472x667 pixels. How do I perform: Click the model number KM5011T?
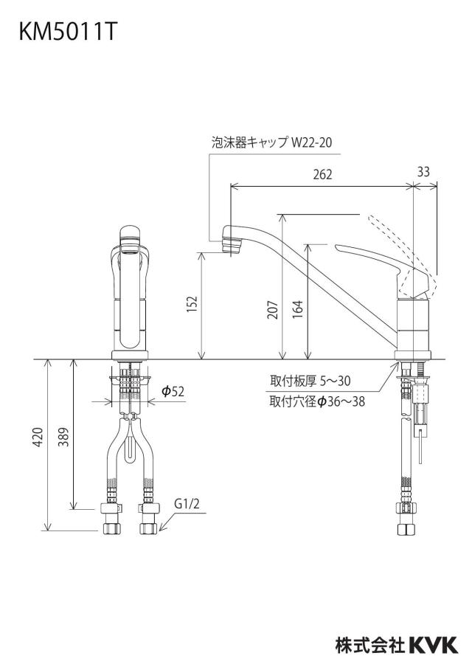pyautogui.click(x=67, y=32)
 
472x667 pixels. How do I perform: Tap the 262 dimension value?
pyautogui.click(x=322, y=174)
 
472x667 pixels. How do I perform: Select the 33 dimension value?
pyautogui.click(x=423, y=171)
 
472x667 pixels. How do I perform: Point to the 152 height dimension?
pyautogui.click(x=192, y=305)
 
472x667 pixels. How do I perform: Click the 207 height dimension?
pyautogui.click(x=274, y=310)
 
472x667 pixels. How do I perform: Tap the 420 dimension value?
pyautogui.click(x=38, y=437)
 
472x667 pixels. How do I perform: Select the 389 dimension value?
pyautogui.click(x=63, y=437)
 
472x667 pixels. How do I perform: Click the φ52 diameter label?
pyautogui.click(x=173, y=391)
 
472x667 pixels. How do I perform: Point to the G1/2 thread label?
pyautogui.click(x=187, y=504)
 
